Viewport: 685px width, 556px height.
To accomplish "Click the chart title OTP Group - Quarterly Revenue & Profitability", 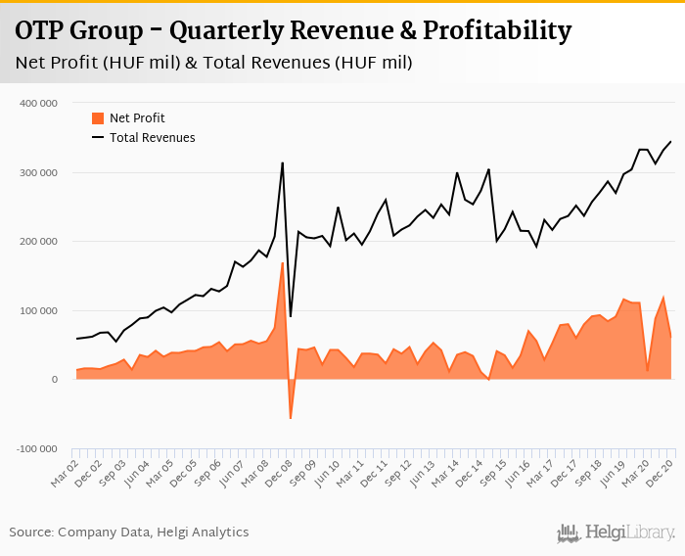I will [293, 31].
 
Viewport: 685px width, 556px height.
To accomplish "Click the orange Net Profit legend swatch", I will [98, 118].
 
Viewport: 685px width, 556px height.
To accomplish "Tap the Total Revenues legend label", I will [152, 138].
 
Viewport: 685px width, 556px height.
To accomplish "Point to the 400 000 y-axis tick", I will [38, 103].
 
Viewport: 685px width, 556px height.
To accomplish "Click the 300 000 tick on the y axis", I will [38, 172].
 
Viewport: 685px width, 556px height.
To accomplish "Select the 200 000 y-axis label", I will [38, 241].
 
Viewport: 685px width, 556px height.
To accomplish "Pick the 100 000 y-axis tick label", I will [38, 310].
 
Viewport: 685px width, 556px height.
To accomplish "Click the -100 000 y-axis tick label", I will [36, 448].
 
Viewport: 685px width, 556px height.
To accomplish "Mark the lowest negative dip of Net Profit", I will [291, 419].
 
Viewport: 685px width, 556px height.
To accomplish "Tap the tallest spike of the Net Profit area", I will [283, 262].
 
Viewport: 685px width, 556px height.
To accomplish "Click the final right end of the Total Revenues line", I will [671, 141].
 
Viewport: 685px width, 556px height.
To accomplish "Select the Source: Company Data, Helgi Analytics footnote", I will [129, 533].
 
